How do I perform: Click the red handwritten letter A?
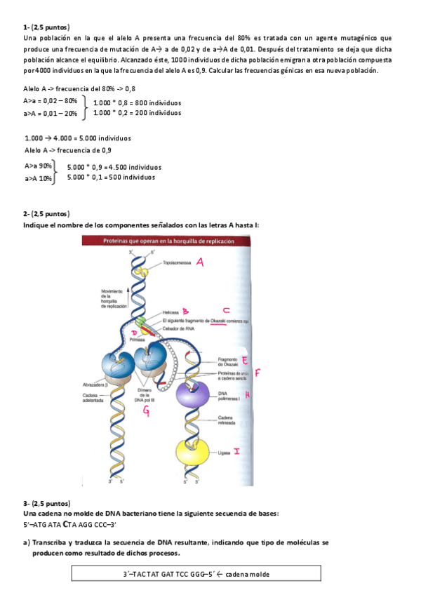click(199, 262)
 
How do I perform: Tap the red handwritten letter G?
click(146, 412)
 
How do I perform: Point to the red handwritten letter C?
click(225, 310)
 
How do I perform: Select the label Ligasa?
click(224, 453)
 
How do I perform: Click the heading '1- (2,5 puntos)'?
click(46, 27)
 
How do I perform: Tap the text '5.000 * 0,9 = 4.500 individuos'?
click(114, 167)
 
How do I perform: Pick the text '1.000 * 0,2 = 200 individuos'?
click(137, 112)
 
